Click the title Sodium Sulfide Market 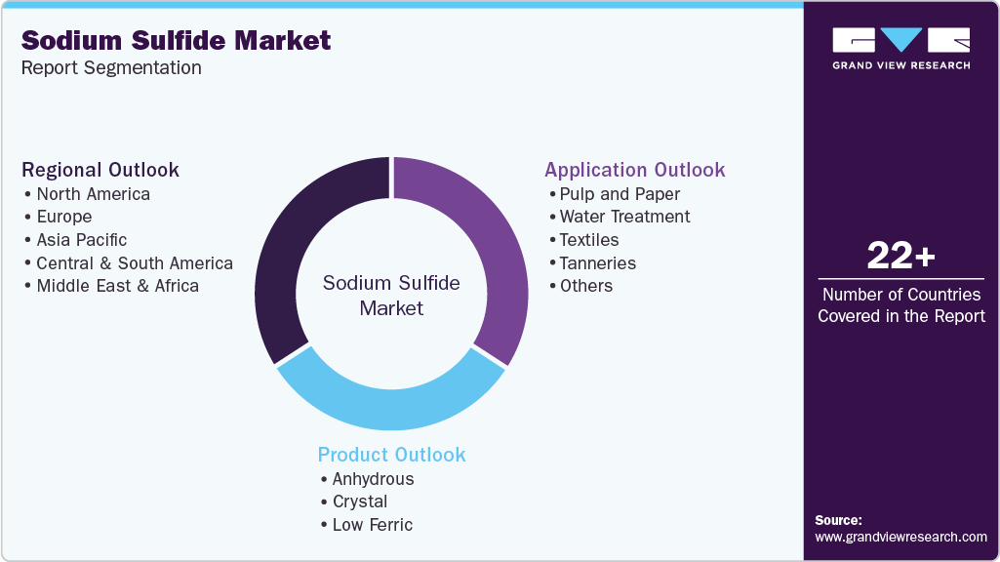point(176,40)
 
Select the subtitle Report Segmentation point(111,67)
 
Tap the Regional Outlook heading point(100,170)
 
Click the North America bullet point(93,193)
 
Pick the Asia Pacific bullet point(81,239)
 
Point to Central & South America point(135,262)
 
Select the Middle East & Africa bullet point(117,286)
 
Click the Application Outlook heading point(634,170)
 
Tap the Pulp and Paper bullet point(620,193)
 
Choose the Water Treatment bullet point(624,217)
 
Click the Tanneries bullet point(597,262)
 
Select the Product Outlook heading point(391,455)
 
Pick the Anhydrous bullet point(373,479)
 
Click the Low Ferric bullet point(372,525)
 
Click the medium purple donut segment point(488,254)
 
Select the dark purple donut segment point(293,254)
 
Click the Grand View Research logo point(900,48)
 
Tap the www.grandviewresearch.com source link point(900,537)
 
